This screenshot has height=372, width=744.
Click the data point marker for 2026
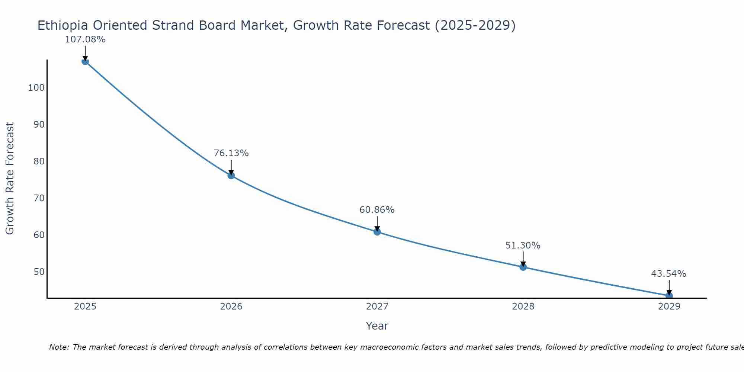tap(231, 176)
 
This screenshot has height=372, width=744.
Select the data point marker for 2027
tap(377, 232)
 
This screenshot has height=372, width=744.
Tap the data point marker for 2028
tap(523, 267)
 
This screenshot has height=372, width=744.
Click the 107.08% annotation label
tap(85, 39)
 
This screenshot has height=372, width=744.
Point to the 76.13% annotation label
tap(231, 153)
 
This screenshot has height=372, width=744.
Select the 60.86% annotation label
tap(377, 210)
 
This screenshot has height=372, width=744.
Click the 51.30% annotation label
tap(523, 246)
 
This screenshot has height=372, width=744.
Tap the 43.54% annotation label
tap(668, 274)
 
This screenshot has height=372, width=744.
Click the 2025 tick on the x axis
tap(85, 307)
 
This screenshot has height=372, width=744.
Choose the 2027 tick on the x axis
tap(377, 307)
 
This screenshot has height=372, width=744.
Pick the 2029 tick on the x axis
tap(669, 307)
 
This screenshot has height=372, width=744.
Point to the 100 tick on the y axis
tap(36, 88)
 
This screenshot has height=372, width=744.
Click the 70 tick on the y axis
tap(39, 198)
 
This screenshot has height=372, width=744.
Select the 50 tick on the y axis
tap(39, 272)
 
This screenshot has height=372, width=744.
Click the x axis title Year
tap(377, 326)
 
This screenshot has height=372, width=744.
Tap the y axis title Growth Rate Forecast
tap(10, 179)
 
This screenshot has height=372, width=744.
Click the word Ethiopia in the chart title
tap(63, 26)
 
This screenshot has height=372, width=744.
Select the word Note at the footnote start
tap(59, 347)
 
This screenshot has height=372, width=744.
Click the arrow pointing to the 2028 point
tap(523, 259)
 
